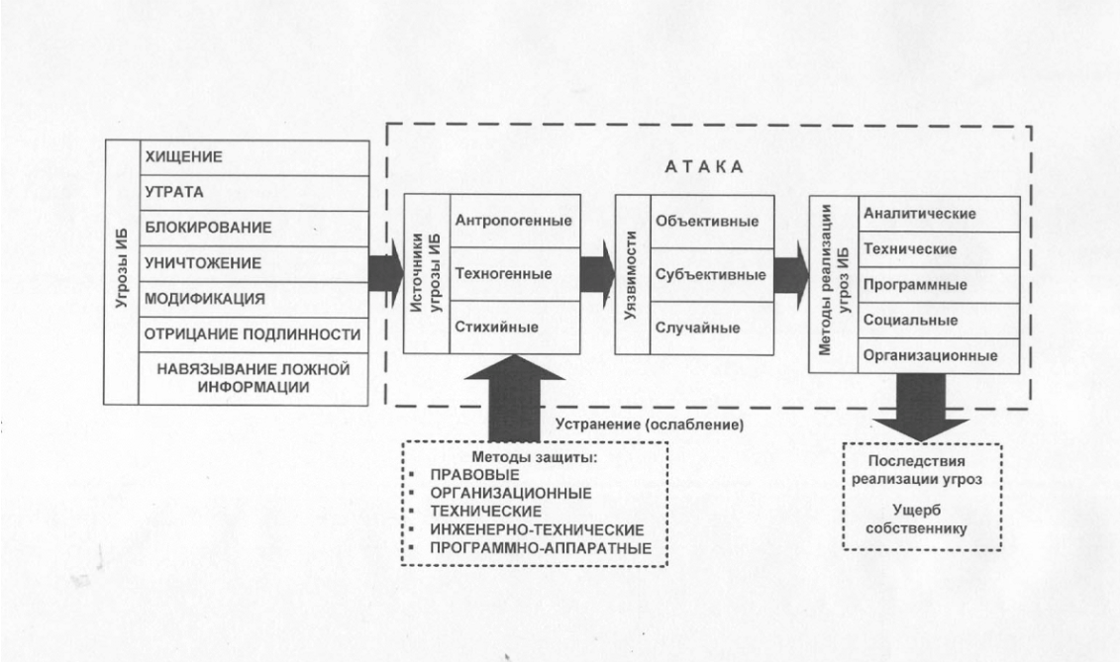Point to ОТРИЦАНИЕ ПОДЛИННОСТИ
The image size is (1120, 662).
point(253,334)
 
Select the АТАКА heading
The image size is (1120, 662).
point(704,167)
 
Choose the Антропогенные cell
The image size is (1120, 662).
point(514,221)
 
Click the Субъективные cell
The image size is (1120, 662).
point(711,274)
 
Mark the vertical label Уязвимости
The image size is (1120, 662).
point(631,275)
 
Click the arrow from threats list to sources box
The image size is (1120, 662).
point(386,273)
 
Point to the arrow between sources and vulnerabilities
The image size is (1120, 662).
point(598,273)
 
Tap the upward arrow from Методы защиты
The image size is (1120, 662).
point(514,399)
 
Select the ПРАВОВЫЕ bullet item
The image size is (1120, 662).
point(475,475)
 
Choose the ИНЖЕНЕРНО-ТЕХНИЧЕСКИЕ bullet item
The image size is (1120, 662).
point(537,529)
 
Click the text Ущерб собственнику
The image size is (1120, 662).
point(916,520)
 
